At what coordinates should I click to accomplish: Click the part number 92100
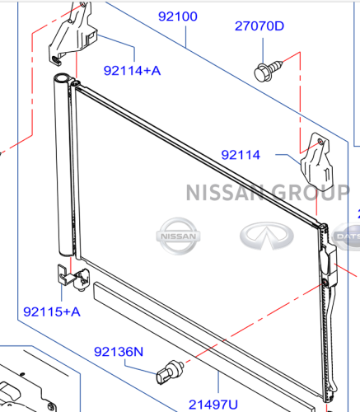(x=178, y=16)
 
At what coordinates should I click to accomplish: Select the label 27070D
(x=259, y=26)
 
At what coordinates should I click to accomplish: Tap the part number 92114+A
(x=132, y=71)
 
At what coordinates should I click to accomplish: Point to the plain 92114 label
(x=241, y=155)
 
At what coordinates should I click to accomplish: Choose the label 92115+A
(x=52, y=312)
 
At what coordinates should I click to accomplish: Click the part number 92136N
(x=119, y=352)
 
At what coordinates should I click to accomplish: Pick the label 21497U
(x=213, y=405)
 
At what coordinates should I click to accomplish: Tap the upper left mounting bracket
(x=72, y=35)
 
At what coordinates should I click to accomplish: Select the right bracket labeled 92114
(x=317, y=162)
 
